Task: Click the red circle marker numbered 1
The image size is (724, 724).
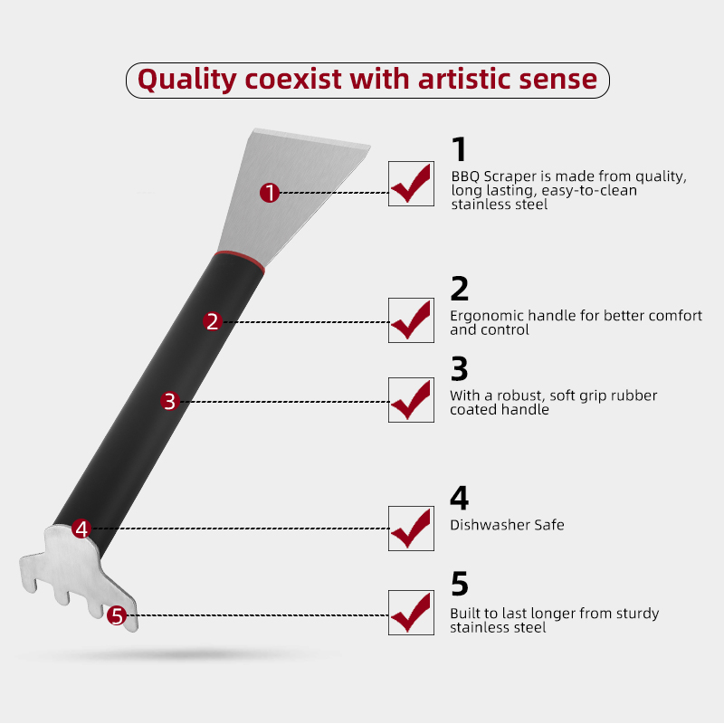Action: (270, 193)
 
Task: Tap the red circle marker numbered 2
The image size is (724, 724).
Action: (213, 321)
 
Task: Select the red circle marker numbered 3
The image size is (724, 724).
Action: (170, 401)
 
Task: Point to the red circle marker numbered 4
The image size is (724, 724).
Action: (81, 529)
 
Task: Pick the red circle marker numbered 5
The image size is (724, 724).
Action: (117, 615)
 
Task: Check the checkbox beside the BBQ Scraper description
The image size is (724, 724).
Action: (411, 184)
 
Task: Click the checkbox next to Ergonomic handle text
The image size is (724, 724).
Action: (411, 320)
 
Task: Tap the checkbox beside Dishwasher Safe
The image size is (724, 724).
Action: (411, 529)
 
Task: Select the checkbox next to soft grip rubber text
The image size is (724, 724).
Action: (411, 400)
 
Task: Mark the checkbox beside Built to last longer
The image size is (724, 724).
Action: (411, 613)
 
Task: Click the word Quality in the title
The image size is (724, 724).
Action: (187, 80)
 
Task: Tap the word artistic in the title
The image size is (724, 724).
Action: (464, 79)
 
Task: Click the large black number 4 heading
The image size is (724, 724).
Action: (460, 497)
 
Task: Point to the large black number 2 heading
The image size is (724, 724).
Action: (460, 289)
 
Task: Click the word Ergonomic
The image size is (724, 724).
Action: (487, 316)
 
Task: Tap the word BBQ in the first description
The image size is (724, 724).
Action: (465, 176)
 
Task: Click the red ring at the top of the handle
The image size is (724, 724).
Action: (240, 260)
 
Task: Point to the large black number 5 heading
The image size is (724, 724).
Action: (460, 584)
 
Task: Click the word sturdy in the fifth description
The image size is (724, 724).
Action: (636, 614)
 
